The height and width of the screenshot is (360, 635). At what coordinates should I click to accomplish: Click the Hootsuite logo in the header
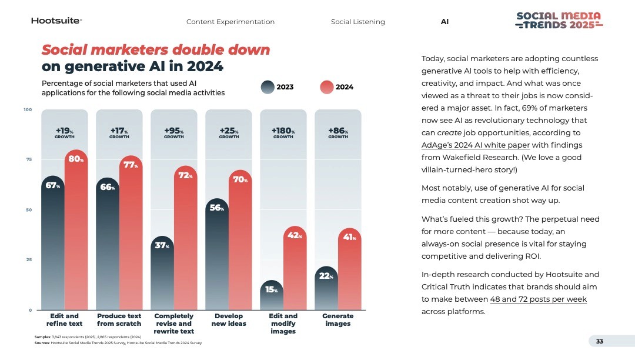tap(56, 21)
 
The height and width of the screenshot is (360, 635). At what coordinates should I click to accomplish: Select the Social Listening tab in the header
tap(357, 22)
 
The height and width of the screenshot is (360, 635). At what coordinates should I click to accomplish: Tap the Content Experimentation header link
tap(230, 22)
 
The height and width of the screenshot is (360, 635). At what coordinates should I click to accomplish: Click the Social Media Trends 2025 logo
tap(558, 20)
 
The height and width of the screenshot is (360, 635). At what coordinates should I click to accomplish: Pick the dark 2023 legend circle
tap(268, 87)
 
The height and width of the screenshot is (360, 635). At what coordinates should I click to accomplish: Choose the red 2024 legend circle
tap(327, 87)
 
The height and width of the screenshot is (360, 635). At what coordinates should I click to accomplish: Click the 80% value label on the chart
tap(75, 159)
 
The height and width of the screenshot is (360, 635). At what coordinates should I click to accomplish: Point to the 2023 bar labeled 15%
tap(271, 297)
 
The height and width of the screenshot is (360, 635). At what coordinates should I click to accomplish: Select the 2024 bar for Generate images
tap(349, 276)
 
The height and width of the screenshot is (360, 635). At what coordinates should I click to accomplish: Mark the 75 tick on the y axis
tap(27, 159)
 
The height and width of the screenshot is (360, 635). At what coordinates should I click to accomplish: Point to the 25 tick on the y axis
tap(27, 259)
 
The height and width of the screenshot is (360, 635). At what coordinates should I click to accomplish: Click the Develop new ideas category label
tap(229, 320)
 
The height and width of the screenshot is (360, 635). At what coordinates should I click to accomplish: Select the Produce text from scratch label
tap(119, 320)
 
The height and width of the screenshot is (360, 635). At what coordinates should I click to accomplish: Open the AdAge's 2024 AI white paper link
tap(476, 145)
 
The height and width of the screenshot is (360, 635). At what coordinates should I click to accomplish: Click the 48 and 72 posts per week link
tap(538, 299)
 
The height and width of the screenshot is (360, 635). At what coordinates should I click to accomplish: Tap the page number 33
tap(600, 341)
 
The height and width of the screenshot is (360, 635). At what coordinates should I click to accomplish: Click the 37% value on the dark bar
tap(162, 246)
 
